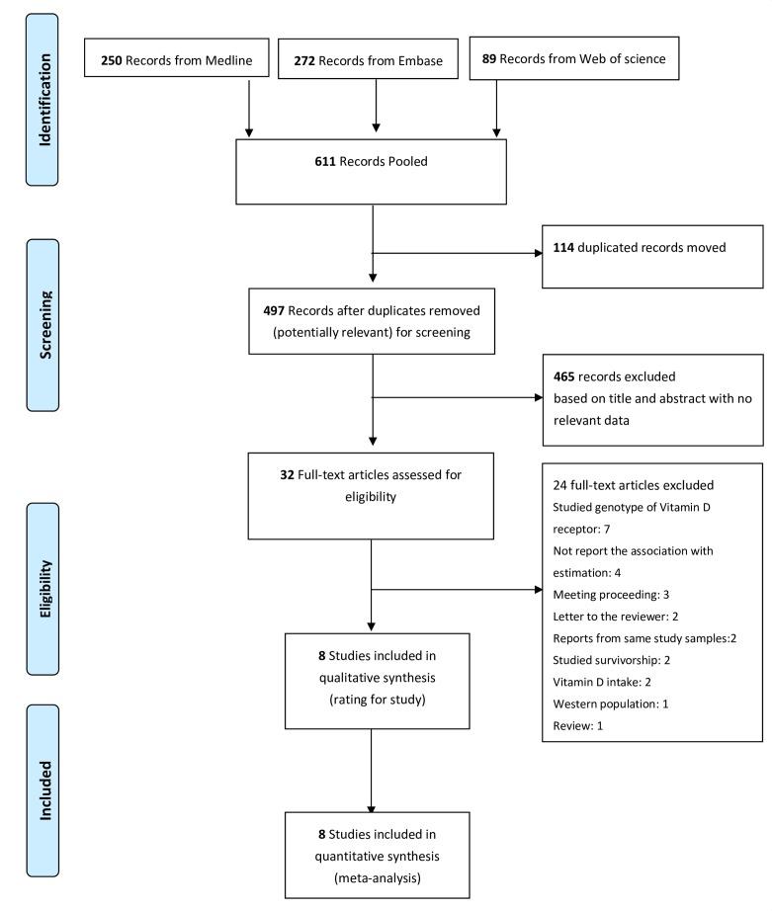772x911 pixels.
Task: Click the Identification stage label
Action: pos(43,85)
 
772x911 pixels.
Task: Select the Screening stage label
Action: pos(43,324)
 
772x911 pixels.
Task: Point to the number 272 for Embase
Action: pos(307,60)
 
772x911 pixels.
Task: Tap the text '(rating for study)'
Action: pos(372,703)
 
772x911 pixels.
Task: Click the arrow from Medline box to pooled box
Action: pos(249,109)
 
